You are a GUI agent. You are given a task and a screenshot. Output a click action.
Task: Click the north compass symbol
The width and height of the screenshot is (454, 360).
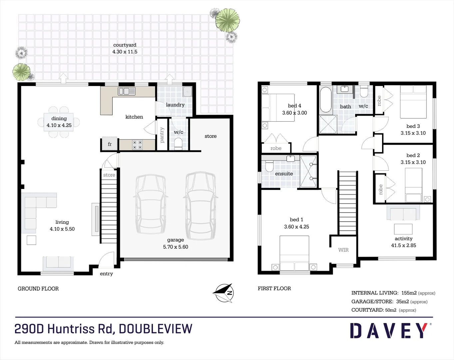[x=224, y=293]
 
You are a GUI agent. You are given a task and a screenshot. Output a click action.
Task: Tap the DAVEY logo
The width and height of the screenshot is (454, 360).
[x=388, y=331]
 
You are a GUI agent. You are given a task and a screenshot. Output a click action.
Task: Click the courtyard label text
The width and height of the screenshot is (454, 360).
[x=125, y=45]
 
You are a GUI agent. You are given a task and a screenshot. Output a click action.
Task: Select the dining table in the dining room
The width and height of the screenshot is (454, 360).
[x=59, y=122]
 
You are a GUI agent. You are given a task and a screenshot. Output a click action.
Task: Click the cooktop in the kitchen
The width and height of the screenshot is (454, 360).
[x=137, y=145]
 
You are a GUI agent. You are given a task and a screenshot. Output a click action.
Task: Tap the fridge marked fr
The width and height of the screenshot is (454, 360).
[x=110, y=144]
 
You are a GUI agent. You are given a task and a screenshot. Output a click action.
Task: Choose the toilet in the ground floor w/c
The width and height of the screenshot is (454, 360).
[x=179, y=143]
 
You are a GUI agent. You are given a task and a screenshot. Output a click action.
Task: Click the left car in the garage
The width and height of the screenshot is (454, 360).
[x=151, y=203]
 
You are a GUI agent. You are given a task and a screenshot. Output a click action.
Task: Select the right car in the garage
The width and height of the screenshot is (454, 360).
[x=201, y=203]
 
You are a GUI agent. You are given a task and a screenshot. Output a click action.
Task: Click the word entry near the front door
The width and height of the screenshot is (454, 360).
[x=106, y=274]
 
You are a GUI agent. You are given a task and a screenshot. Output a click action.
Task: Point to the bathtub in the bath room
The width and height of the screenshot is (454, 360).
[x=325, y=99]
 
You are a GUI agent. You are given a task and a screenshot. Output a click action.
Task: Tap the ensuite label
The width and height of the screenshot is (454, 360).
[x=284, y=174]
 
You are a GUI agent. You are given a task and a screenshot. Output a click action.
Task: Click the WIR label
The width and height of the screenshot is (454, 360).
[x=343, y=250]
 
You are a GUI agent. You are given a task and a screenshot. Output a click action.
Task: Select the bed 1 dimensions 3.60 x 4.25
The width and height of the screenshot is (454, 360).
[x=296, y=227]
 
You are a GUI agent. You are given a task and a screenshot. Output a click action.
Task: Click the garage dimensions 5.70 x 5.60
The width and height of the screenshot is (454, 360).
[x=176, y=247]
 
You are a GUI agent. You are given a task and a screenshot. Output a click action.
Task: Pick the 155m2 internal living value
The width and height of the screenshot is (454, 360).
[x=409, y=293]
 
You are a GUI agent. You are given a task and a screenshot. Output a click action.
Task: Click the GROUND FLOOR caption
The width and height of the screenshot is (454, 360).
[x=38, y=289]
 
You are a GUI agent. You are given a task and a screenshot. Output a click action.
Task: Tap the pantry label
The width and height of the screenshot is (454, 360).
[x=162, y=135]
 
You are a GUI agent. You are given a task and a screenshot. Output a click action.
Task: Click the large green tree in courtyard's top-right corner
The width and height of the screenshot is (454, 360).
[x=227, y=20]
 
